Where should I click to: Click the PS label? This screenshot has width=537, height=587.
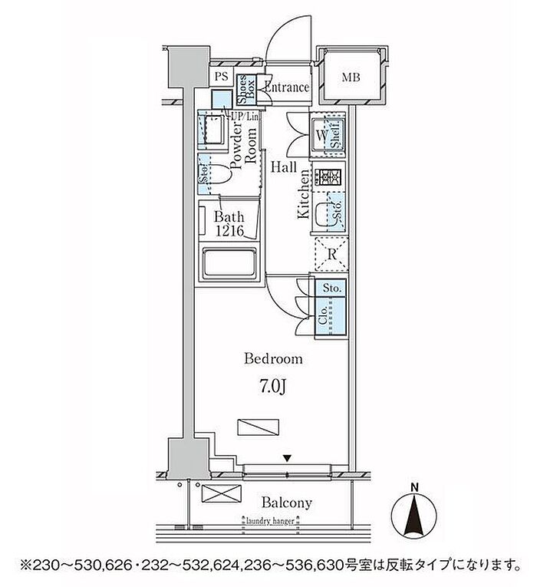[221, 76]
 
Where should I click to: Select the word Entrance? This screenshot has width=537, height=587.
[286, 87]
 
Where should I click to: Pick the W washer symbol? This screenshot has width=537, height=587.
[323, 137]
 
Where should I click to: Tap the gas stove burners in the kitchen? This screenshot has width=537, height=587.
[331, 177]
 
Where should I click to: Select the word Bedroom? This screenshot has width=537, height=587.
[273, 358]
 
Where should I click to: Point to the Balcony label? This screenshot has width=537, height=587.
[286, 503]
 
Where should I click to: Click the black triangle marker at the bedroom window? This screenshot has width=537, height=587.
[287, 458]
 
